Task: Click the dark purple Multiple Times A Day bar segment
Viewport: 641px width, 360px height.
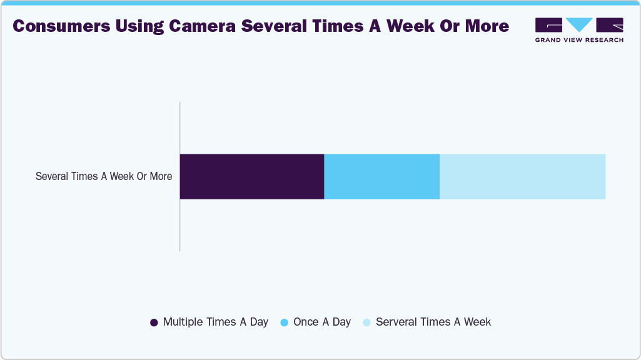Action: coord(252,176)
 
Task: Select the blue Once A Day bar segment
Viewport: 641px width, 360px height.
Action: coord(382,176)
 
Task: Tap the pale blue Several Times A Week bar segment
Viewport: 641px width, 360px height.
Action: coord(523,176)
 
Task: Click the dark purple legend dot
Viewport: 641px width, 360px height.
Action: coord(154,322)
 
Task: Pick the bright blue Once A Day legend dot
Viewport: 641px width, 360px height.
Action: coord(284,322)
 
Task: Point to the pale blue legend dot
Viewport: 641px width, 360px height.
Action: coord(366,322)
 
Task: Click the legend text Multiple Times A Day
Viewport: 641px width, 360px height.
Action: coord(215,322)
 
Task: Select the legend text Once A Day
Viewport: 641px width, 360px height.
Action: coord(322,322)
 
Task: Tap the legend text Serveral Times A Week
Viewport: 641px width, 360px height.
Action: coord(433,322)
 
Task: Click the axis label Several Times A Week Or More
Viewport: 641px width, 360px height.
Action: coord(104,176)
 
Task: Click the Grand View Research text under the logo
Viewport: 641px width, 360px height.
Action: coord(579,40)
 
